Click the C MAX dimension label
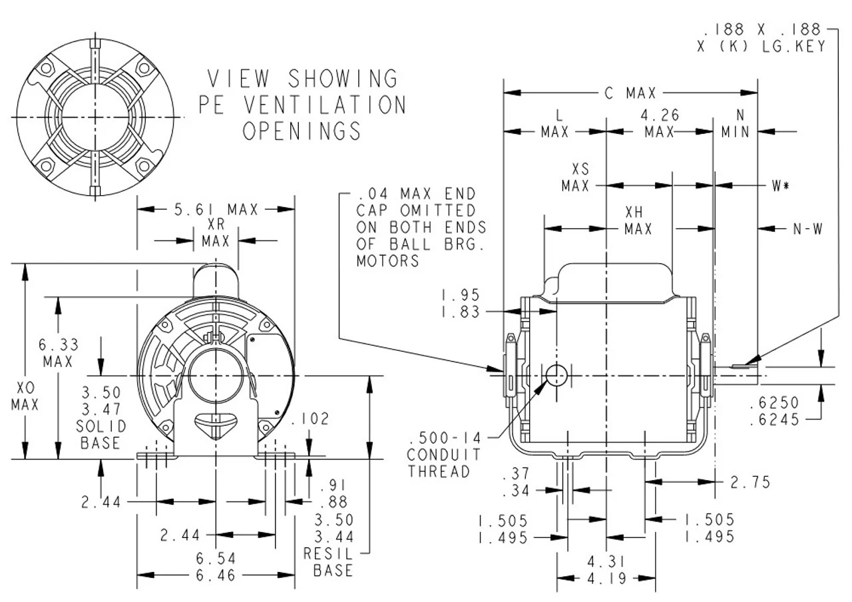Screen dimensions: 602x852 [630, 93]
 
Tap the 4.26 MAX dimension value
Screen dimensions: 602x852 [660, 124]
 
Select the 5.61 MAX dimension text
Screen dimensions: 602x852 [216, 210]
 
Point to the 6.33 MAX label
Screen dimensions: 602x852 [60, 354]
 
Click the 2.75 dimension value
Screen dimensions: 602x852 [751, 482]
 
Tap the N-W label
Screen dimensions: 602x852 [807, 229]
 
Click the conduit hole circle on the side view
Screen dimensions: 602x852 [556, 376]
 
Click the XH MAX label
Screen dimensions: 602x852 [638, 221]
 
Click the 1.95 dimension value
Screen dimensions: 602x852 [461, 295]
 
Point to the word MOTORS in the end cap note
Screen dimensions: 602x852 [388, 260]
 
